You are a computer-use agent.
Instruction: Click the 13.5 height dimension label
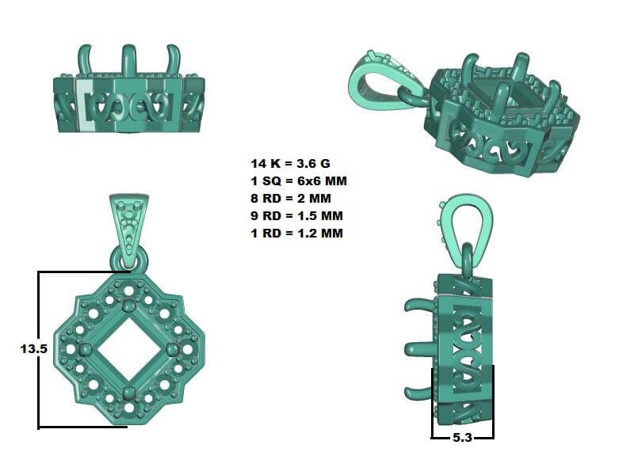[x=34, y=349]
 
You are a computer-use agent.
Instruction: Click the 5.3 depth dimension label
[x=462, y=438]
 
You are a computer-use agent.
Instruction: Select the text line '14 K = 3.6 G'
[x=290, y=164]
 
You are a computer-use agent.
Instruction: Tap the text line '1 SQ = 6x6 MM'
[x=299, y=181]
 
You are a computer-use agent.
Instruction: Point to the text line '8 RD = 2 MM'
[x=291, y=199]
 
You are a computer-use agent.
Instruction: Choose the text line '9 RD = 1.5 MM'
[x=296, y=215]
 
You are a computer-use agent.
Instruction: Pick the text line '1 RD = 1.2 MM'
[x=296, y=233]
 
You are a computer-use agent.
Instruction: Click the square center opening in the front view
[x=129, y=349]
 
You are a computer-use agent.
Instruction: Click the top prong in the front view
[x=129, y=304]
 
